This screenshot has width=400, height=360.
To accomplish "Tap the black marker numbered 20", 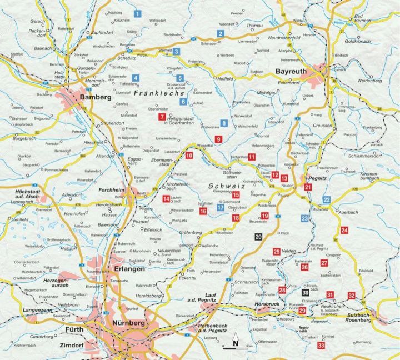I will (x=258, y=237).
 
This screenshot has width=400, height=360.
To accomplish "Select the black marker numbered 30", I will (x=306, y=292).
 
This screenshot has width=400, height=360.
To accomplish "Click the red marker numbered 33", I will (x=321, y=346).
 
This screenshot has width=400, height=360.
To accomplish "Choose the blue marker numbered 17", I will (x=221, y=208).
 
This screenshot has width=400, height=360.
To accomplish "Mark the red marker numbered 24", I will (x=344, y=230).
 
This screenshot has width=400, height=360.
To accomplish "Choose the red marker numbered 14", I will (x=166, y=199).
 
